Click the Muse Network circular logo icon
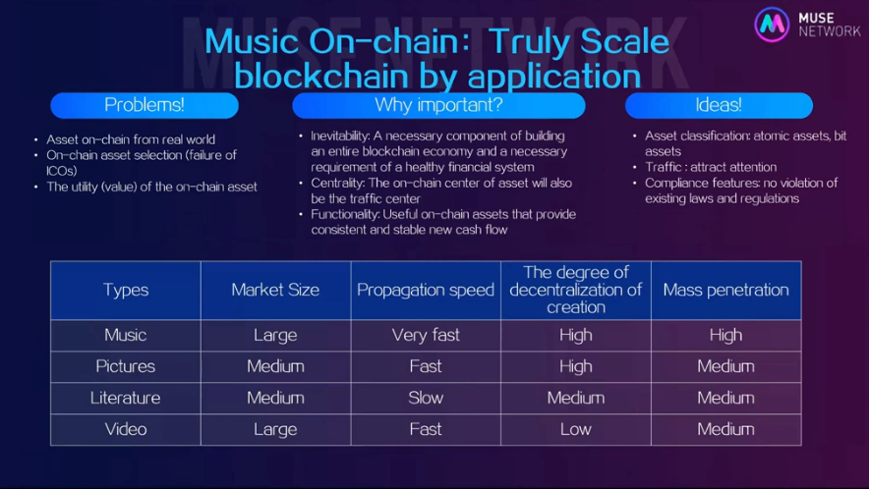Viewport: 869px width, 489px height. [x=772, y=25]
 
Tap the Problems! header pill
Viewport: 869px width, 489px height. [x=145, y=105]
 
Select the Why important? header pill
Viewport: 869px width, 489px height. [x=438, y=105]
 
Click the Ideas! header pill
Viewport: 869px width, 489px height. [x=719, y=105]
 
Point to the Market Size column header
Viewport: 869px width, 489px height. [x=275, y=291]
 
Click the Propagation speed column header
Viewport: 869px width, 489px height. [x=426, y=291]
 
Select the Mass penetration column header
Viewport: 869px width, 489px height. [x=726, y=291]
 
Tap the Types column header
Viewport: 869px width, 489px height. [x=126, y=291]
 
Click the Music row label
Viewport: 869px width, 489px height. [x=126, y=335]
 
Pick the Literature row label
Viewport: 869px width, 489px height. [x=126, y=398]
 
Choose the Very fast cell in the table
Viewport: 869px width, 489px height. [x=426, y=335]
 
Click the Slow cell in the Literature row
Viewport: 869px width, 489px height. [x=426, y=398]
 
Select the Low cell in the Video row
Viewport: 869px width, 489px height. [x=576, y=429]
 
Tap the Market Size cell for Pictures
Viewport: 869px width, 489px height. [x=275, y=366]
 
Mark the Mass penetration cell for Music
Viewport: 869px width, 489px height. [x=726, y=335]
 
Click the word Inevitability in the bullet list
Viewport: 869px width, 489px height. [x=340, y=136]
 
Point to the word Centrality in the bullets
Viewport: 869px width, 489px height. [x=337, y=184]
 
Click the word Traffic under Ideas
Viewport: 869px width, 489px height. [x=663, y=167]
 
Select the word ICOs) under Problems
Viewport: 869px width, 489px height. [x=62, y=171]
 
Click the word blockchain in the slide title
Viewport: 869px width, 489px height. [x=321, y=77]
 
